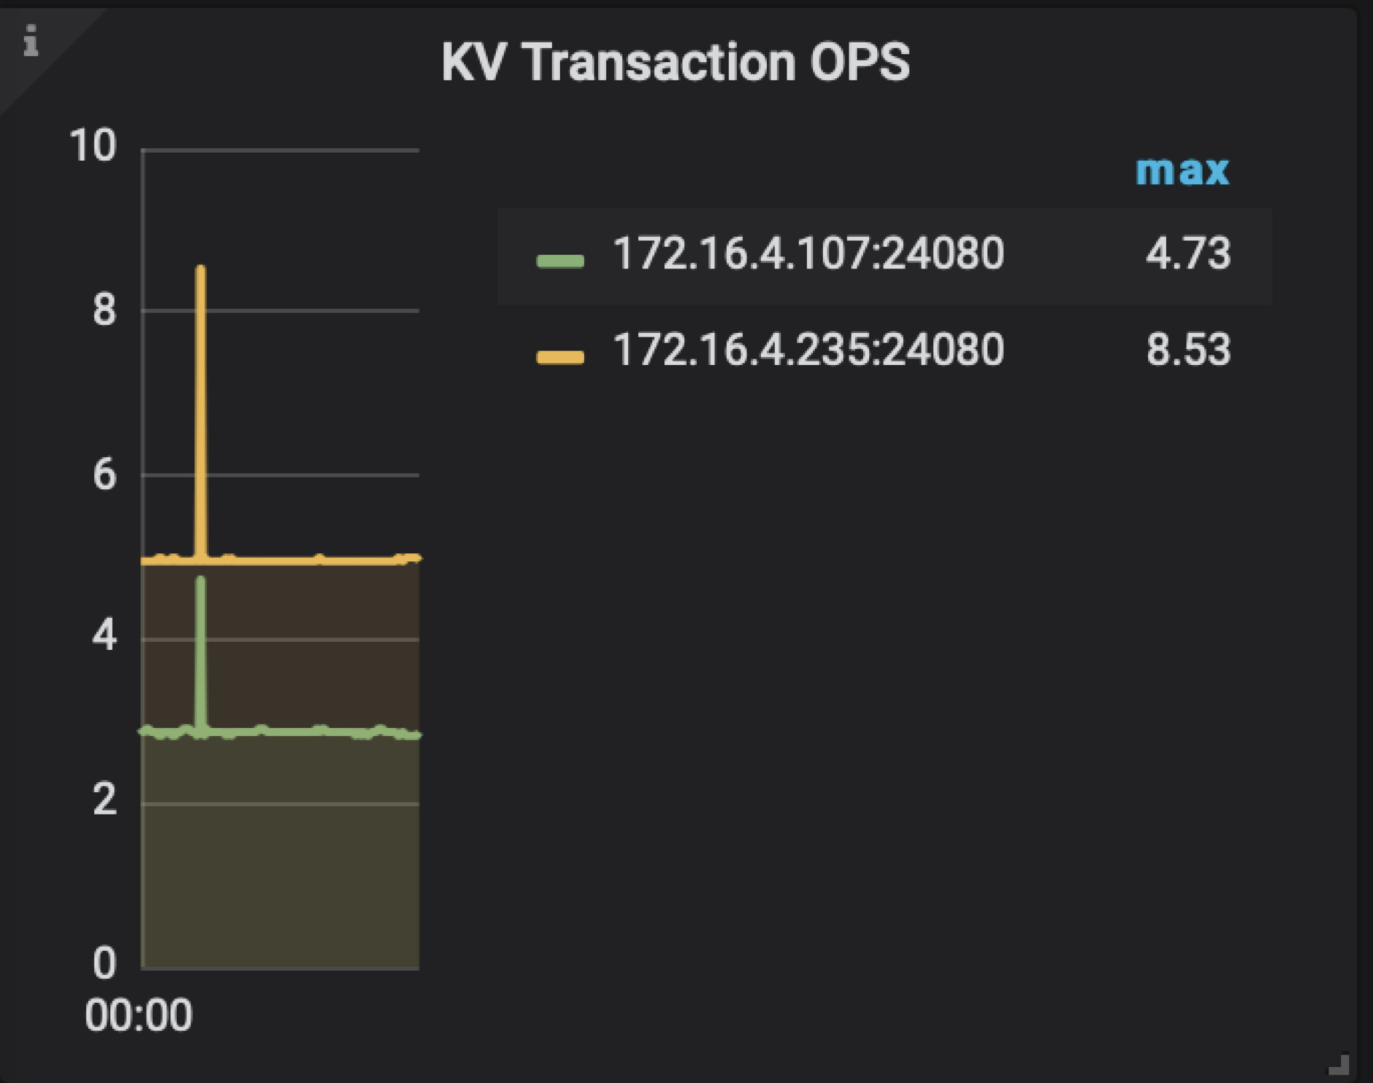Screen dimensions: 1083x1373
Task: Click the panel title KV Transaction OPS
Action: (676, 62)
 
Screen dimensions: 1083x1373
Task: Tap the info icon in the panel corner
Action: (31, 41)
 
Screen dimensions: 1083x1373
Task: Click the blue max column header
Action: (1182, 171)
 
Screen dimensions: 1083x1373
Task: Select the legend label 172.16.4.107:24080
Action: (808, 254)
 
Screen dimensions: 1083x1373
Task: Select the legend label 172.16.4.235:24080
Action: (808, 350)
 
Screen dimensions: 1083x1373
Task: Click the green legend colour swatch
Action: (560, 261)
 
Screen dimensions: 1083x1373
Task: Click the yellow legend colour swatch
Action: (560, 356)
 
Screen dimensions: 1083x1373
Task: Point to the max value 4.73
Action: (1187, 254)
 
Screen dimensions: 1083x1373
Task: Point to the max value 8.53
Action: (1187, 350)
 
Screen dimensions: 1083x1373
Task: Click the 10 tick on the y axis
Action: (93, 145)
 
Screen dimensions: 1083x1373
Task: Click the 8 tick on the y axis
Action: (104, 310)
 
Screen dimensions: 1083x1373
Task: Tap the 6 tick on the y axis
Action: (104, 475)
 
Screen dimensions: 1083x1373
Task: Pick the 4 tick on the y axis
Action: (104, 636)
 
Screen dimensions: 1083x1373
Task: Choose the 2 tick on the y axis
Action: (104, 800)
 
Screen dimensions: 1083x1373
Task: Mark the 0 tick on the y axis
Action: (104, 964)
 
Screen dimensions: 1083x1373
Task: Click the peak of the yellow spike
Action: (200, 269)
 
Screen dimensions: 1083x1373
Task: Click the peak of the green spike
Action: (201, 580)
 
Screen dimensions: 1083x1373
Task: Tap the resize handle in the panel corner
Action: (1339, 1065)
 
